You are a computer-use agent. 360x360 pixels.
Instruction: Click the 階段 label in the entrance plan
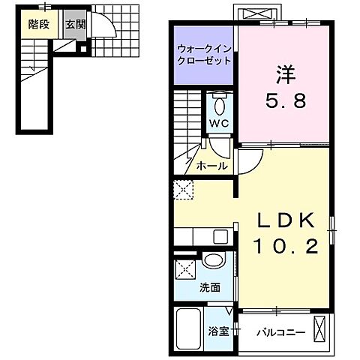[x=39, y=25]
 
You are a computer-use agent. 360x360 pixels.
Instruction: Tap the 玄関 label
[x=74, y=25]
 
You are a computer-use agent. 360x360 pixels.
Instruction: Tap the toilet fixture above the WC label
[x=219, y=101]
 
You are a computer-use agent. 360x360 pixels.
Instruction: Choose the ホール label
[x=212, y=166]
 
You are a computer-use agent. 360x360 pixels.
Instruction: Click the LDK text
[x=285, y=223]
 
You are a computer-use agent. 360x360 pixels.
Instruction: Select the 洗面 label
[x=210, y=286]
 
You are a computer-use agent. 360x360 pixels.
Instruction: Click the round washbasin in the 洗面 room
[x=213, y=262]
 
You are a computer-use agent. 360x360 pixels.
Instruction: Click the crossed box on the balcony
[x=320, y=328]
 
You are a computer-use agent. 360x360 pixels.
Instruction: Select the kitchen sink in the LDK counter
[x=220, y=238]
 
